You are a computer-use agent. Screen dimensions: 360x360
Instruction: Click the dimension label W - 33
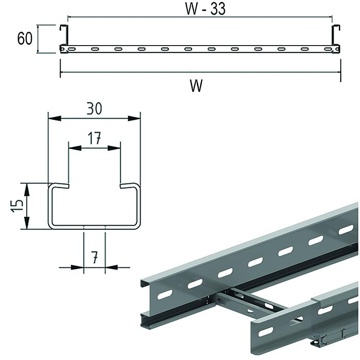tap(205, 9)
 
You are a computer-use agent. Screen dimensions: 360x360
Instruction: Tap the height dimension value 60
tap(25, 38)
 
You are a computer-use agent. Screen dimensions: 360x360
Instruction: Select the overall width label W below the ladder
tap(196, 85)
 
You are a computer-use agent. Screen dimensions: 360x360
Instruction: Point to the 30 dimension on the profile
tap(94, 108)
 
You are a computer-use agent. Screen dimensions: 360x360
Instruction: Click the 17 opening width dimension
tap(94, 138)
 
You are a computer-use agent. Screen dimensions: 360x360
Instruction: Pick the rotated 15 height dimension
tap(17, 206)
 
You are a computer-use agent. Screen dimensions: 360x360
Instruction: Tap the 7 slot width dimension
tap(95, 257)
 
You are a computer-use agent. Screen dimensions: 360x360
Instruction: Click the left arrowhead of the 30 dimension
tap(55, 119)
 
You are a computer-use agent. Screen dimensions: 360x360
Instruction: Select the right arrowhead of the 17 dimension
tap(114, 148)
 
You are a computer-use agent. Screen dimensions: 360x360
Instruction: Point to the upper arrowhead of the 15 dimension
tap(27, 190)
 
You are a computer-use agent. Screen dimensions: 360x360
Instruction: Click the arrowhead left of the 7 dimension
tap(77, 267)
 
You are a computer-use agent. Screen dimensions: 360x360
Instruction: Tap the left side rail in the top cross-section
tap(63, 35)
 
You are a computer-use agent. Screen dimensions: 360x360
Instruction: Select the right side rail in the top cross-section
tap(336, 35)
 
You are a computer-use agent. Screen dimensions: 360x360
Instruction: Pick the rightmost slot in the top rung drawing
tap(328, 49)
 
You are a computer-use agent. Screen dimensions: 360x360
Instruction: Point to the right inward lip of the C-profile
tap(129, 185)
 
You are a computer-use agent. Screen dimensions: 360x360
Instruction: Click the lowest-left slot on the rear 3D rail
tap(165, 294)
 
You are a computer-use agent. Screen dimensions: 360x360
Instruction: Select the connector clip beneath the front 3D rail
tap(320, 340)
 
